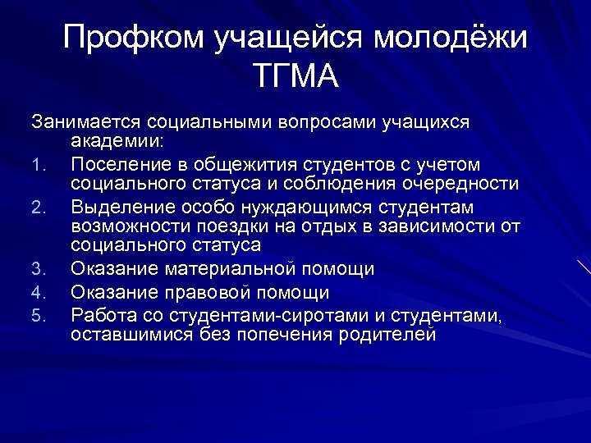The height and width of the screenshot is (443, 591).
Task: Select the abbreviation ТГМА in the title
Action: [x=295, y=78]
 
